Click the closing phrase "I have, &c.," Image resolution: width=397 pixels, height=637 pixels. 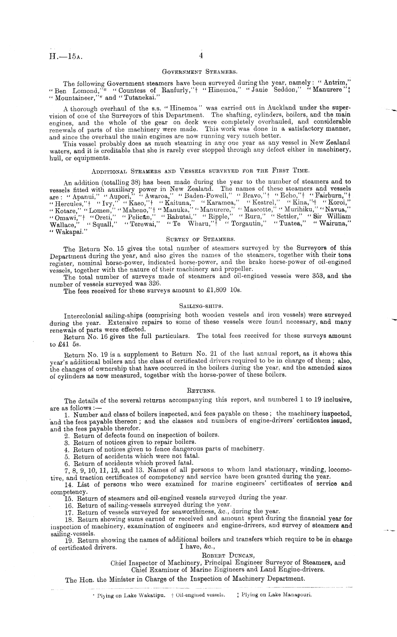(198, 547)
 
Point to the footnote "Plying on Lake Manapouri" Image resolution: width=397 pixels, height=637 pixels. (277, 594)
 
